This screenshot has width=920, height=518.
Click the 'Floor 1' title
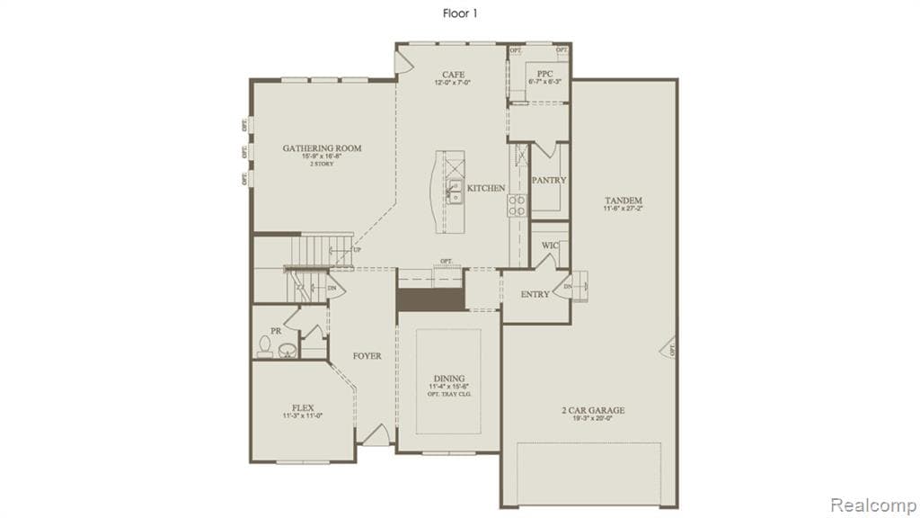coord(459,13)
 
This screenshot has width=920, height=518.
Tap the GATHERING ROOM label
coord(322,147)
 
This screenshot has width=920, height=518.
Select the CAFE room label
coord(452,75)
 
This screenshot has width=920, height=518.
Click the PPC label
coord(544,73)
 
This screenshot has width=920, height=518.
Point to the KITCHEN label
coord(486,188)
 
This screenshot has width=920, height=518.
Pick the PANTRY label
coord(549,180)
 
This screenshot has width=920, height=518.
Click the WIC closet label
coord(550,245)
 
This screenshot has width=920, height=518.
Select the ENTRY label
coord(536,295)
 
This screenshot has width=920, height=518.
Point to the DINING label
coord(448,379)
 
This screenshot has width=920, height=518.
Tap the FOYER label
coord(367,356)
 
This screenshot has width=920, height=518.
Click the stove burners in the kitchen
coord(518,206)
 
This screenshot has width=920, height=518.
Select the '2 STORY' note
coord(322,164)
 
